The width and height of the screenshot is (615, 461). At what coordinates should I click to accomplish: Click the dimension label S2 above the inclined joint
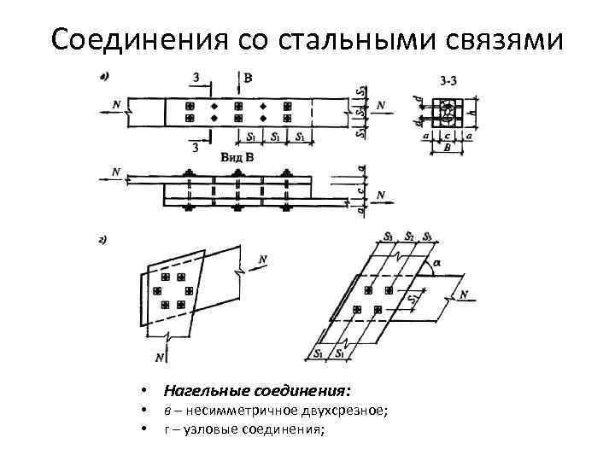point(409,235)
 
